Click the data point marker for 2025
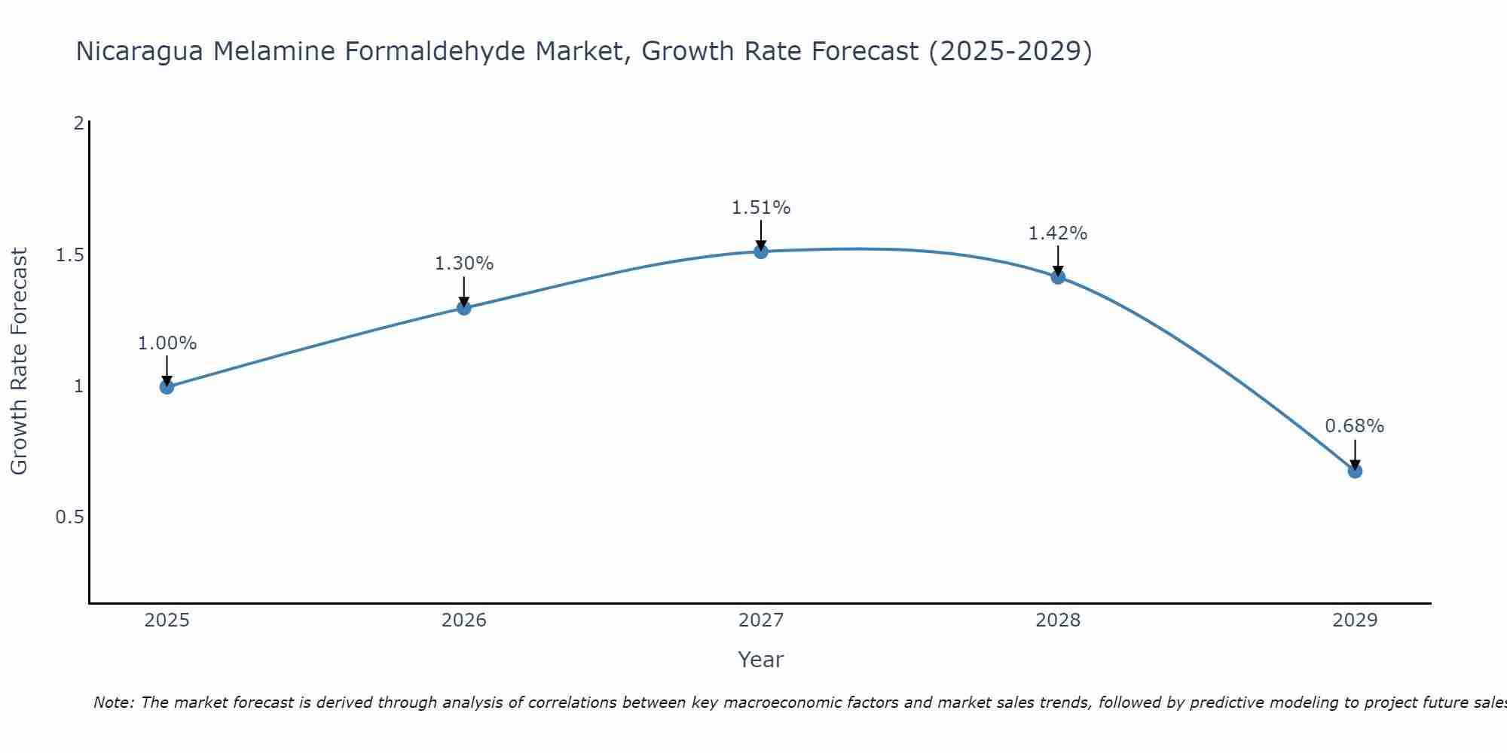167,387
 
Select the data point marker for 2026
464,308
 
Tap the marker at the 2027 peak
761,252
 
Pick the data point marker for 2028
1058,276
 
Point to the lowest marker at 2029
1355,471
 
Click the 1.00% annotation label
167,343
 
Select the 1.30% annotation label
464,264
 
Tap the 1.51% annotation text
761,208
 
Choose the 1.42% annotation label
1058,233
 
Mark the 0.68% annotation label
1355,426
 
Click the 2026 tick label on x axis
464,620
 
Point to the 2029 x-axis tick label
1355,620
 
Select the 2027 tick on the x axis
761,620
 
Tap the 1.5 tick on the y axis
69,255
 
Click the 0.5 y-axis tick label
69,517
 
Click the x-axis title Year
761,660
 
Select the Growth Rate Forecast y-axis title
20,361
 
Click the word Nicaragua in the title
139,51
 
